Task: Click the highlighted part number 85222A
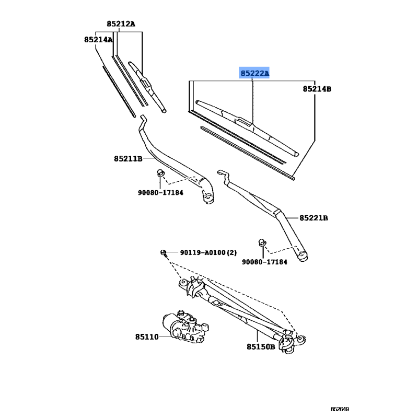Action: [254, 74]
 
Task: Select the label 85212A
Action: [121, 24]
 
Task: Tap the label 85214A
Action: [98, 40]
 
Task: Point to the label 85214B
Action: [317, 89]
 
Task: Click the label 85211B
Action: [128, 158]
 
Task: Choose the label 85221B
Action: [313, 217]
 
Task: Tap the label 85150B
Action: [261, 346]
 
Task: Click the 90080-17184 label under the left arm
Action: [160, 193]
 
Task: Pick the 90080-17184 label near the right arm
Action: [264, 261]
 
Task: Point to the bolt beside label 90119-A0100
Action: [165, 253]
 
